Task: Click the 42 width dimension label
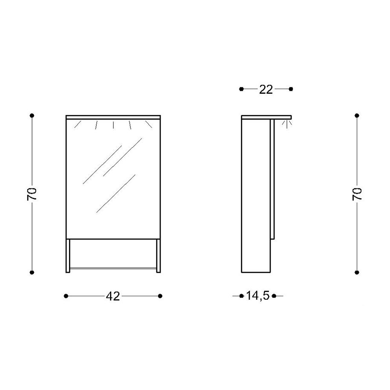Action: [x=113, y=296]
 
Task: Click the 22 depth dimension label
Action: [x=266, y=89]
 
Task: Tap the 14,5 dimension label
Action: [x=258, y=296]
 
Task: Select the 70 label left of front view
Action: [x=32, y=194]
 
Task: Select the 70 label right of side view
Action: [x=357, y=194]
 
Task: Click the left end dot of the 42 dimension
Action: [x=66, y=296]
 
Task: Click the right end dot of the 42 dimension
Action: [x=160, y=296]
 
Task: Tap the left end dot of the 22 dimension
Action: [x=241, y=89]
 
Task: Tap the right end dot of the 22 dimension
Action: [x=291, y=89]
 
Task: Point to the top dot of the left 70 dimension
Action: [x=32, y=116]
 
